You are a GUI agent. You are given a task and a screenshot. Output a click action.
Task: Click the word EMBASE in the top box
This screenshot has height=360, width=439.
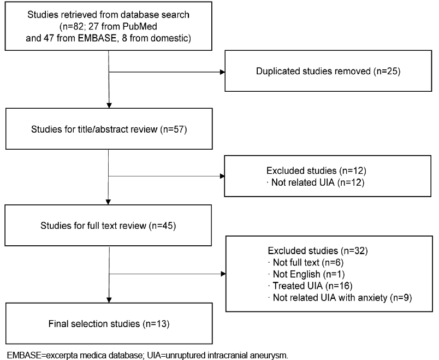pyautogui.click(x=97, y=38)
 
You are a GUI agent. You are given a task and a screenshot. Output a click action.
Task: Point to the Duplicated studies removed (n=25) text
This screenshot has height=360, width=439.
pyautogui.click(x=328, y=71)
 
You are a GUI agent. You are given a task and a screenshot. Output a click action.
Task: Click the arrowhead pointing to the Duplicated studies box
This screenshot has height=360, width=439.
pyautogui.click(x=223, y=72)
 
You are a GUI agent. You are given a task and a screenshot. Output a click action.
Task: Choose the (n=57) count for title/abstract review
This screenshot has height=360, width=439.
pyautogui.click(x=173, y=129)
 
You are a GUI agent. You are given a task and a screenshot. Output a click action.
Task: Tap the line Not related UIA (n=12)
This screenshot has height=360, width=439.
pyautogui.click(x=317, y=182)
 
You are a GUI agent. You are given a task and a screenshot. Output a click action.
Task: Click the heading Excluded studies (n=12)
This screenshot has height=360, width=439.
pyautogui.click(x=316, y=170)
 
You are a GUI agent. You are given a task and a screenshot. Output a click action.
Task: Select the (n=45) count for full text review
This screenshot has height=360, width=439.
pyautogui.click(x=162, y=226)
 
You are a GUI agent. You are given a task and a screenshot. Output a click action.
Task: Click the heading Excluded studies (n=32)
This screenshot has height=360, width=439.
pyautogui.click(x=318, y=250)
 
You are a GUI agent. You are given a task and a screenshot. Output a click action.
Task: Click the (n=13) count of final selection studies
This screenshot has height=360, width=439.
pyautogui.click(x=156, y=324)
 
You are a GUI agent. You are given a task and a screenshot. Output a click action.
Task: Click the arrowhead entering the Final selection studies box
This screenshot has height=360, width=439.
pyautogui.click(x=109, y=300)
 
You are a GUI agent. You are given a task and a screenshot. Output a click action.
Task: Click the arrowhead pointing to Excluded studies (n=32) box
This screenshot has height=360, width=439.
pyautogui.click(x=223, y=274)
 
